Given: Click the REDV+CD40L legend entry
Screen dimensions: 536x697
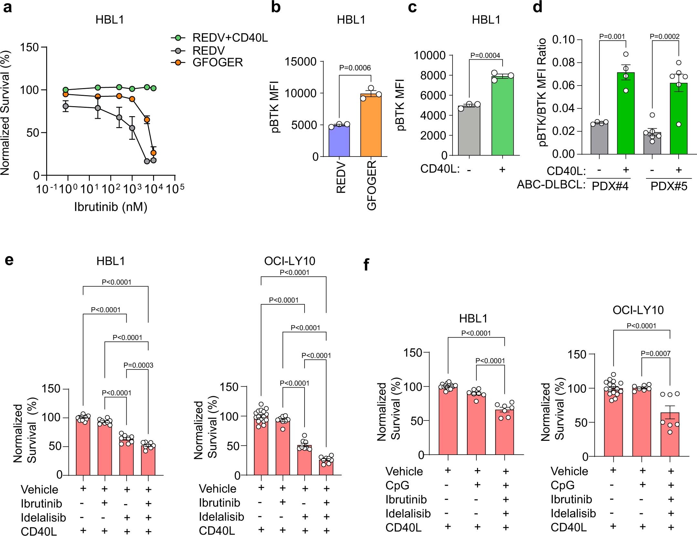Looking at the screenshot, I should tap(230, 38).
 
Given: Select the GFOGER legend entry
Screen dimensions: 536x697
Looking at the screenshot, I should tap(217, 62).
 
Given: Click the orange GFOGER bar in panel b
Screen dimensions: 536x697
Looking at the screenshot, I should tap(371, 126).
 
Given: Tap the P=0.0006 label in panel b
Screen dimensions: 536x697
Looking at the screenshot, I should tap(355, 68).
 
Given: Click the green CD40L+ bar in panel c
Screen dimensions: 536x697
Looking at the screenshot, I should tap(502, 116).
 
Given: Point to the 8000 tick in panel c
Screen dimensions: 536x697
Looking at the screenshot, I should tap(433, 76).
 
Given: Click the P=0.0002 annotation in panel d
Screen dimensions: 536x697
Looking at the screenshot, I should tap(664, 37).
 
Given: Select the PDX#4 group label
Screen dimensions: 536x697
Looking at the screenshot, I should tap(610, 187).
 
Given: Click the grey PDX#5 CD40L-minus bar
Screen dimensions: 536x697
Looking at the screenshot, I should tap(652, 144).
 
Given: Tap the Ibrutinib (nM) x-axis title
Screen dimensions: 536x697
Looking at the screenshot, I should tap(110, 207).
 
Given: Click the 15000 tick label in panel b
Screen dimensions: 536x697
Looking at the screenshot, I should tap(300, 62).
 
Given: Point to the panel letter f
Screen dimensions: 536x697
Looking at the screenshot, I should tap(366, 265).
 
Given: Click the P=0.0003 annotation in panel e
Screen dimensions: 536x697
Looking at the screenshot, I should tap(138, 365).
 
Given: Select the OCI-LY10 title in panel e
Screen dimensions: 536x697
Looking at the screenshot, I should tap(289, 261).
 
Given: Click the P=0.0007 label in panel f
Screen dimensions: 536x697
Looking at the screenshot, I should tap(655, 354).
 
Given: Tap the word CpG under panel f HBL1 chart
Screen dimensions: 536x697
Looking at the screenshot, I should tap(397, 485).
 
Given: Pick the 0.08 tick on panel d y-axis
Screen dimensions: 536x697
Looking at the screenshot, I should tap(563, 63).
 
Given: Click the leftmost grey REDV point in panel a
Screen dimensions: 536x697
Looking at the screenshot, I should tap(66, 106).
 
